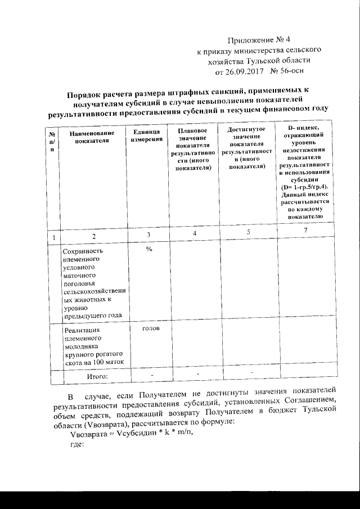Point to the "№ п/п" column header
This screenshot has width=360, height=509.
tap(52, 142)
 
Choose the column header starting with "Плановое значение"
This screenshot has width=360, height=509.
tap(193, 149)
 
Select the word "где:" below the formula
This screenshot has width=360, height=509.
tap(76, 444)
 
